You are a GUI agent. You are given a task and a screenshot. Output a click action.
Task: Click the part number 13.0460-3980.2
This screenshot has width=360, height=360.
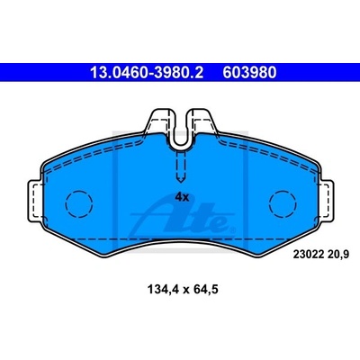147,72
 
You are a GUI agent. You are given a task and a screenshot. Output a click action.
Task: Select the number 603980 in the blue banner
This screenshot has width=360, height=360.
249,72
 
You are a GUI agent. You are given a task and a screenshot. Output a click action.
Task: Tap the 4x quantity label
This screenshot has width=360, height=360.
182,197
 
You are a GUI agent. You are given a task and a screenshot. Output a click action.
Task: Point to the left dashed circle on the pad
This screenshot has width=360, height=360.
79,204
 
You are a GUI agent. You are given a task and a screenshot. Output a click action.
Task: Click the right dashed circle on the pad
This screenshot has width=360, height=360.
283,204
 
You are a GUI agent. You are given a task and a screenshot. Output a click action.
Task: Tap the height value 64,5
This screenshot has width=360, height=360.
205,290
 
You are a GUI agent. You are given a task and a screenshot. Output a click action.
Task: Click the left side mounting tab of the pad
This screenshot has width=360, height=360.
35,200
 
